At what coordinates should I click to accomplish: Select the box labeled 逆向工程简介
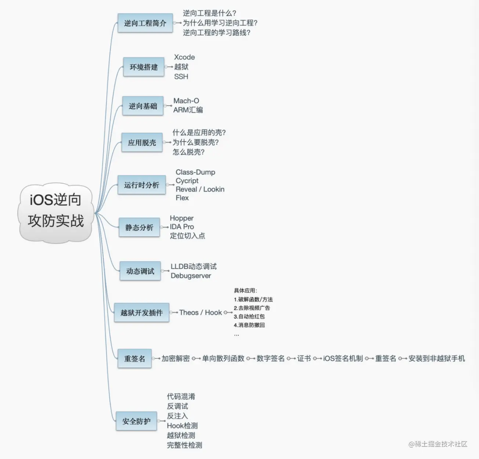tap(145, 23)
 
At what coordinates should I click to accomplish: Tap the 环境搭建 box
tap(144, 67)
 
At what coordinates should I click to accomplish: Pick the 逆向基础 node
tap(143, 106)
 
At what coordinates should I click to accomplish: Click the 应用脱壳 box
tap(142, 143)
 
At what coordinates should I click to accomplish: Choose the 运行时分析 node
tap(141, 185)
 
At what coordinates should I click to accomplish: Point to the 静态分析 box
tap(139, 227)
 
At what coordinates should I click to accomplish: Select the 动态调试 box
tap(140, 271)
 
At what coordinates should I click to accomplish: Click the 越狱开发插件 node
tap(141, 313)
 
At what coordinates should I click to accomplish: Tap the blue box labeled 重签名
tap(134, 358)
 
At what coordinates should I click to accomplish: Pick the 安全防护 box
tap(136, 421)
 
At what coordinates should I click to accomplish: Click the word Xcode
tap(184, 57)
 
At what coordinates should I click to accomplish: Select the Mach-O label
tap(186, 101)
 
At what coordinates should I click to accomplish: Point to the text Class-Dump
tap(195, 172)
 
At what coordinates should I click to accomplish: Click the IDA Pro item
tap(182, 227)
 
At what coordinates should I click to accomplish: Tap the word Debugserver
tap(191, 276)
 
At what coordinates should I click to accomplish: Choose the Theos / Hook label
tap(201, 312)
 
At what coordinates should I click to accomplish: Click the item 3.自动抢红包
tap(249, 316)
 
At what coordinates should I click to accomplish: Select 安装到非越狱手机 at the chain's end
tap(437, 358)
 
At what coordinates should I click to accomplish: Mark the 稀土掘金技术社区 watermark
tap(438, 444)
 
